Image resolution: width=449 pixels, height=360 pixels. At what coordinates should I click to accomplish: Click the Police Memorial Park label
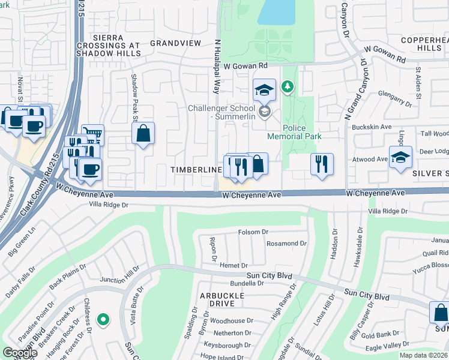point(301,132)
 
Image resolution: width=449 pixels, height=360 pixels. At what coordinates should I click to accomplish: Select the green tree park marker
point(288,88)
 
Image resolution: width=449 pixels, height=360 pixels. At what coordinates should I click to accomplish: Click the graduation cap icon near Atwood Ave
point(400,157)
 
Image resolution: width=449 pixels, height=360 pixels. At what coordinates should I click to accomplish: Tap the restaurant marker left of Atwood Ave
point(322,164)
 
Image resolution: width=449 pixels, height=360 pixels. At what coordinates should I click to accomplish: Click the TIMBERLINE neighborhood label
point(196,170)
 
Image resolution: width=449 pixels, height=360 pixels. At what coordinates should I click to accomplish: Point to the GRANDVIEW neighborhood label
point(175,43)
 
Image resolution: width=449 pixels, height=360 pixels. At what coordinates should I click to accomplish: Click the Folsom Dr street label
point(253,232)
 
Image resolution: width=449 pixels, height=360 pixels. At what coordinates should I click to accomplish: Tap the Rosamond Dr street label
point(287,244)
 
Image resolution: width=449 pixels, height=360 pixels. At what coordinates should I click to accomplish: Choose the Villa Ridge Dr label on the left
point(109,205)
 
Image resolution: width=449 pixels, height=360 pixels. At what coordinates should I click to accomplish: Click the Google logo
point(20,352)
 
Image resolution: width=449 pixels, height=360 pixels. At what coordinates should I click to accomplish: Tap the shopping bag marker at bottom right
point(440,313)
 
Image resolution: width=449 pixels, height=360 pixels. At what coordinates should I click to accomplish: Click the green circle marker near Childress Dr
point(103,320)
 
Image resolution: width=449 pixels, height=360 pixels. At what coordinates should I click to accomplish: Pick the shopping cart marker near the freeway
point(92,134)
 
